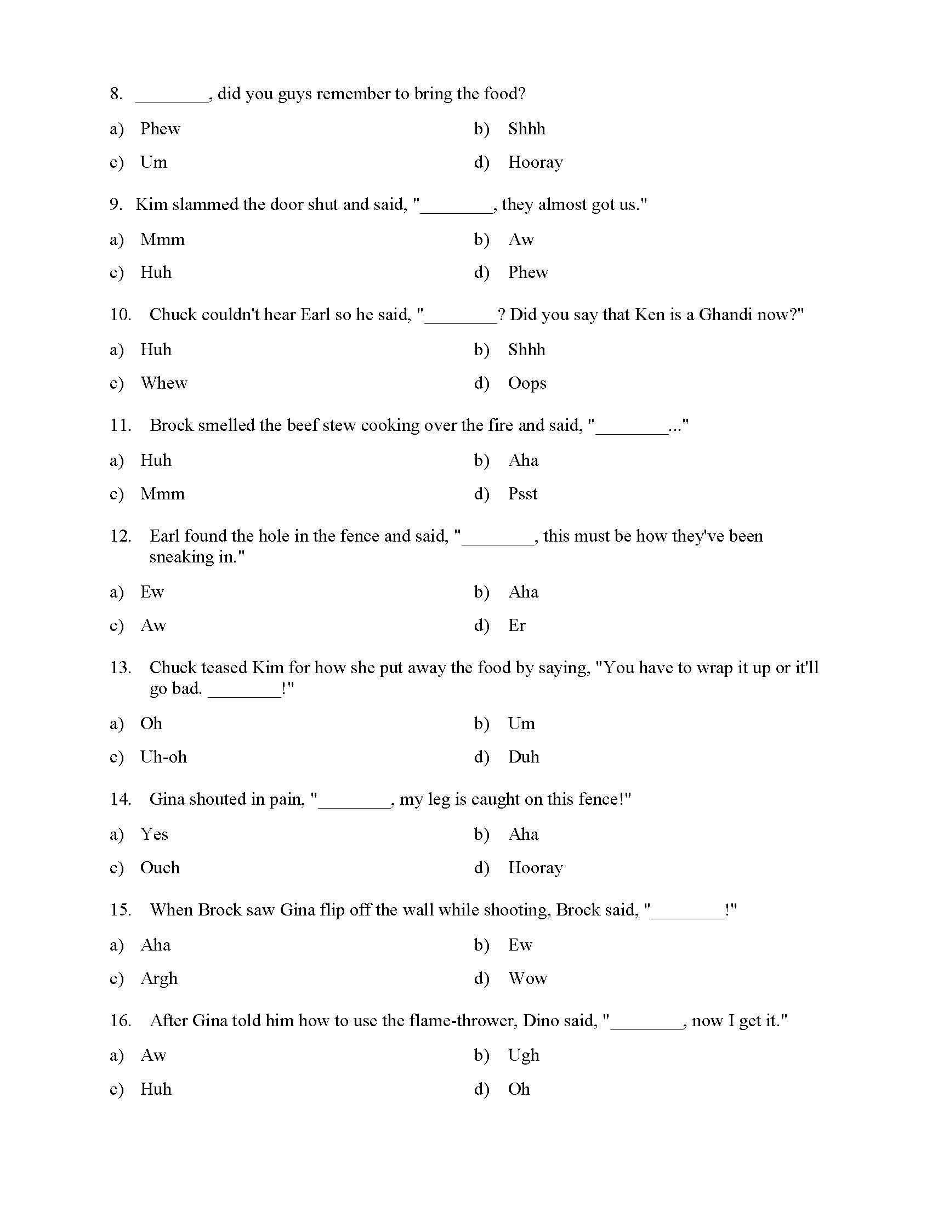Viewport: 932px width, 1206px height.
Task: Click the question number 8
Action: [115, 94]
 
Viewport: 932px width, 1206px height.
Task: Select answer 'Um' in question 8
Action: [154, 162]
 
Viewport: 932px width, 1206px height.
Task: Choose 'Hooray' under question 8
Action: [535, 162]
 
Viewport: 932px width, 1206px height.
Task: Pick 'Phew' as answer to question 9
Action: [528, 272]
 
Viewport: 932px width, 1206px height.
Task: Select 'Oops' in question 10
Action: [527, 383]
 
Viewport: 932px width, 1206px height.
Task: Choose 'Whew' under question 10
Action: [164, 383]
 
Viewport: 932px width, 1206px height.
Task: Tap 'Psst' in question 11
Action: [522, 494]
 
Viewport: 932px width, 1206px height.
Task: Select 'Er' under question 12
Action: [516, 625]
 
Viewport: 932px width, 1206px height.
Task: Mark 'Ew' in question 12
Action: [152, 592]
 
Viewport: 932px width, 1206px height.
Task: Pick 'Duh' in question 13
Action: [524, 757]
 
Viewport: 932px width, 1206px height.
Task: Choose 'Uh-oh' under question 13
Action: [163, 757]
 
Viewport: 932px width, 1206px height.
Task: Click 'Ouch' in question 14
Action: [160, 868]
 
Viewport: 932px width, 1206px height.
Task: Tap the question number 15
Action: [120, 910]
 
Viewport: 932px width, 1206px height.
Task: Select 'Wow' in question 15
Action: [527, 979]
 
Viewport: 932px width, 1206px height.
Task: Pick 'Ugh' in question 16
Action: [524, 1055]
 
